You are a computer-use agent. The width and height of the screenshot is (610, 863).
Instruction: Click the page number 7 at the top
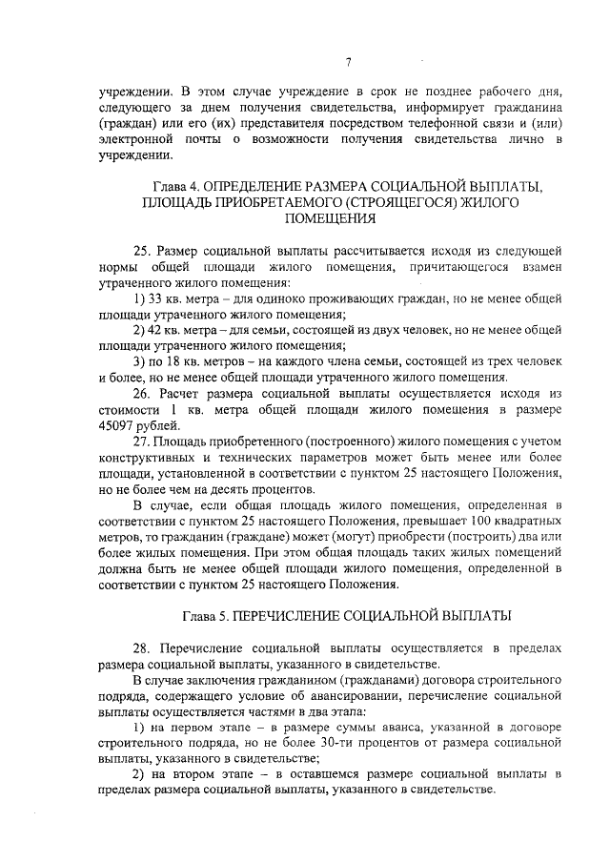tap(349, 63)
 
